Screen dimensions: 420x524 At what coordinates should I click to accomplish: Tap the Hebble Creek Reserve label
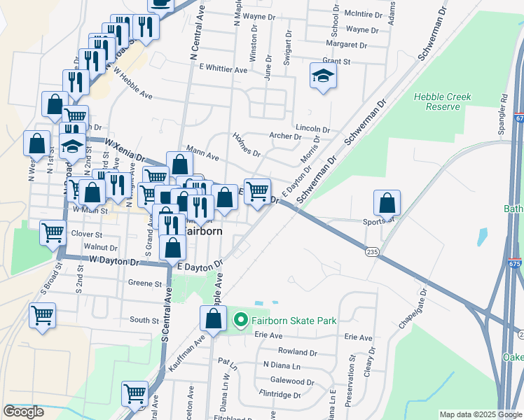click(x=438, y=101)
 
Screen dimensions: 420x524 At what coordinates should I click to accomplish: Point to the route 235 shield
click(x=371, y=251)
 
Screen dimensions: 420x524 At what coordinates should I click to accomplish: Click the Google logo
click(x=24, y=412)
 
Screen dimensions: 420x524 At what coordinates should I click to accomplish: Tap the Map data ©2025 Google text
click(x=480, y=414)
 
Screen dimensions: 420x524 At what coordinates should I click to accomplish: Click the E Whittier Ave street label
click(x=223, y=69)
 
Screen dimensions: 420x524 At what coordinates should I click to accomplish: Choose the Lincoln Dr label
click(x=312, y=129)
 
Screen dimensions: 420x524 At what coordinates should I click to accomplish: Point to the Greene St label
click(x=145, y=284)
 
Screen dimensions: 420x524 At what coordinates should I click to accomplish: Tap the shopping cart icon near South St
click(x=42, y=316)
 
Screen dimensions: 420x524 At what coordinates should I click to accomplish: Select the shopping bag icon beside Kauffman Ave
click(x=213, y=319)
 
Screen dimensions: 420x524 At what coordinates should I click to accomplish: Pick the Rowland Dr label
click(x=298, y=351)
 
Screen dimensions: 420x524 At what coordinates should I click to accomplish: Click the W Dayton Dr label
click(x=115, y=260)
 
